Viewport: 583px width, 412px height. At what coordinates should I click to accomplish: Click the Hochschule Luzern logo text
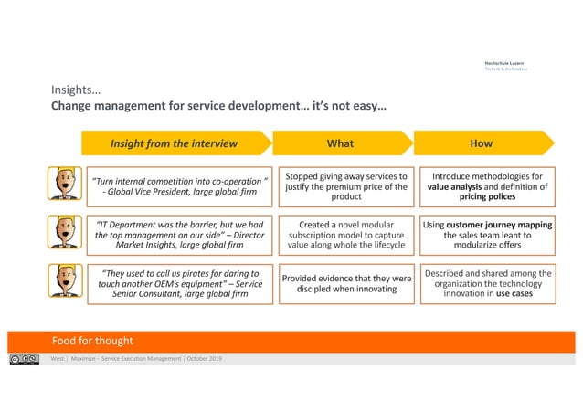503,65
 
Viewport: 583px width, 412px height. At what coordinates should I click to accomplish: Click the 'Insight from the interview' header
174,143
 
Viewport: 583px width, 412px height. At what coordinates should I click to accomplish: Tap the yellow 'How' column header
481,143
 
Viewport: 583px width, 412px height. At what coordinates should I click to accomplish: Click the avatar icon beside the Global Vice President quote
62,183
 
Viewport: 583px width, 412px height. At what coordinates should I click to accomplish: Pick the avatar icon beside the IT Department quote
62,231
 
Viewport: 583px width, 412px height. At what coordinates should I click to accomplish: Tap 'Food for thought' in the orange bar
91,340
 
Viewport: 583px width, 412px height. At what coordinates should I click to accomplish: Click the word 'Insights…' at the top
75,90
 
